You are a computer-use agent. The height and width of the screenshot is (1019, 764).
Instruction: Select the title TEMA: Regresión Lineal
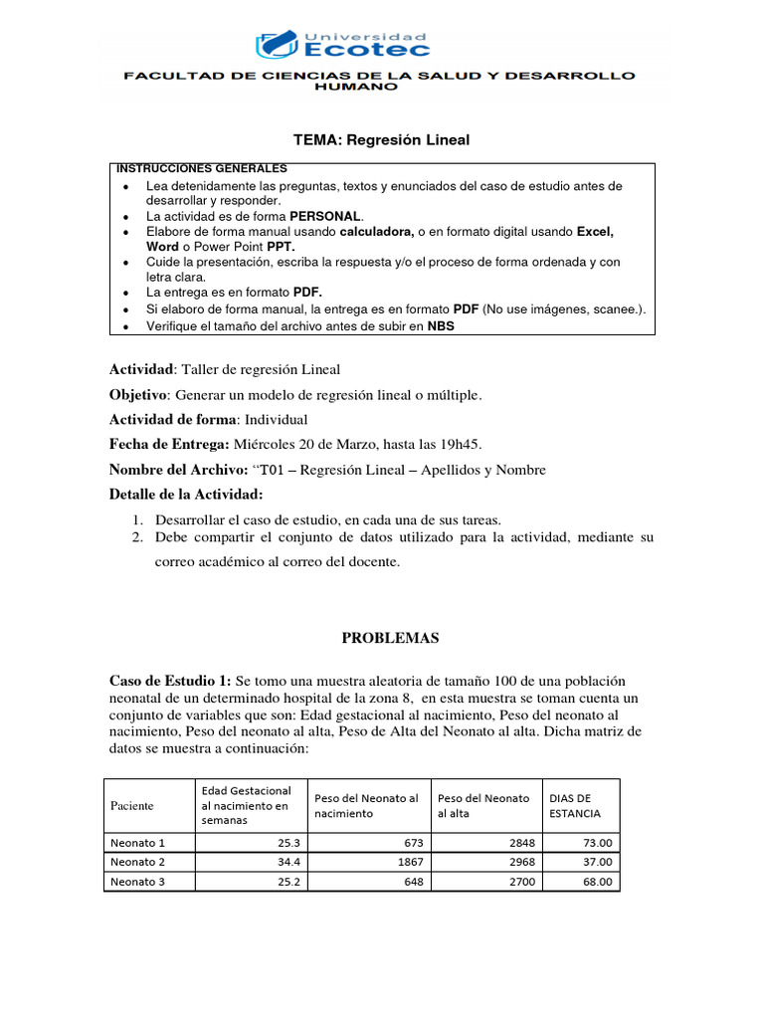click(381, 140)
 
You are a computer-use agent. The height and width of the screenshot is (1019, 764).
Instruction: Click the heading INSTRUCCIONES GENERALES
click(202, 169)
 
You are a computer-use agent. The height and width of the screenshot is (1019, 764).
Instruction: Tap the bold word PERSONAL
click(326, 216)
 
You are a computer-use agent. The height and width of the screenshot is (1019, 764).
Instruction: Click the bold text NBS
click(441, 325)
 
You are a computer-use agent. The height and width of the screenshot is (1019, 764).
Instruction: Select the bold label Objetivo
click(137, 395)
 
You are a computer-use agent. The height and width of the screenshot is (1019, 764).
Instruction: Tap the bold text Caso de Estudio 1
click(169, 681)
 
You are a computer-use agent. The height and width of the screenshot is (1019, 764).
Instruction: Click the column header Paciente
click(131, 805)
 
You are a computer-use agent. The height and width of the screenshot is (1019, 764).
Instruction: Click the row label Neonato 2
click(137, 862)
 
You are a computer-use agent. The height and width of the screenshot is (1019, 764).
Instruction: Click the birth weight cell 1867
click(406, 862)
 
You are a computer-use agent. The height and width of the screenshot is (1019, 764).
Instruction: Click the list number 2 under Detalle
click(138, 537)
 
